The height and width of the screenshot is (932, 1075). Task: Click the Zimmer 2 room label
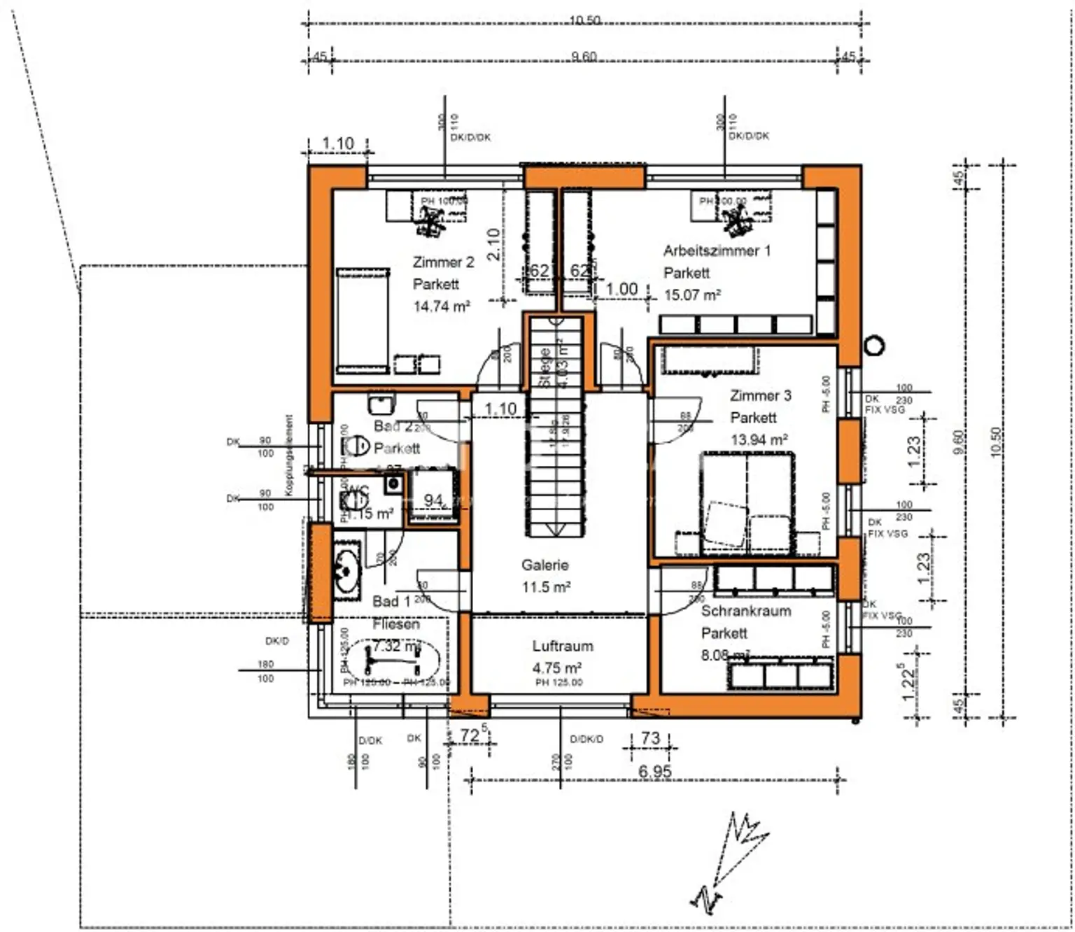[443, 262]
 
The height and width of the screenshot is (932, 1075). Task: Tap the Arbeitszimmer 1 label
[717, 250]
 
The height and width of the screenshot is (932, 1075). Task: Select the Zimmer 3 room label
[760, 395]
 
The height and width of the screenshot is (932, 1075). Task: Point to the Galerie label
[544, 565]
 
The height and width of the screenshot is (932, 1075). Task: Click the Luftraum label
[562, 646]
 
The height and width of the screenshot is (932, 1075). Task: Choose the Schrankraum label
[746, 611]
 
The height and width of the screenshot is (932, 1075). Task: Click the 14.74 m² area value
[441, 306]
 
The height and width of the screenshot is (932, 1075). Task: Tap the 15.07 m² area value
[691, 295]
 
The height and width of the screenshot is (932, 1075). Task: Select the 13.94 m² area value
[759, 440]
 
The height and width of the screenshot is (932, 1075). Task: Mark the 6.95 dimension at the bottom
[654, 771]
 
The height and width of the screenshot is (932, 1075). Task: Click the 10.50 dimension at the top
[584, 20]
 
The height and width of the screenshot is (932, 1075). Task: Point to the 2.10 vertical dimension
[493, 244]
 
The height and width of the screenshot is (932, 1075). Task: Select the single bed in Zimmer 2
[362, 320]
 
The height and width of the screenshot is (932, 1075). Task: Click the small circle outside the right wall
[874, 345]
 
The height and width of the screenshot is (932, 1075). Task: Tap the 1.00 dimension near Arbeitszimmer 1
[621, 289]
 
